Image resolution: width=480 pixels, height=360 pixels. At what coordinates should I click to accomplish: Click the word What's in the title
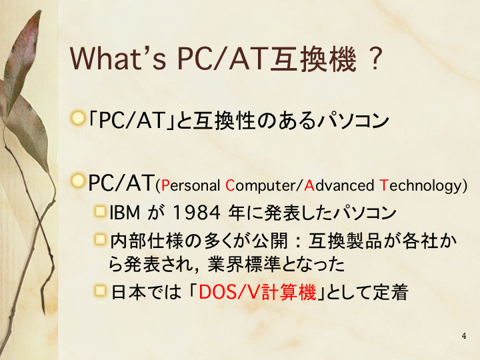tap(118, 59)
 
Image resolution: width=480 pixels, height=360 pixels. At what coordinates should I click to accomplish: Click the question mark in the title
tap(375, 59)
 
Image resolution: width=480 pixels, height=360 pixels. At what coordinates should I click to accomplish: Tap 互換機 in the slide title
tap(315, 59)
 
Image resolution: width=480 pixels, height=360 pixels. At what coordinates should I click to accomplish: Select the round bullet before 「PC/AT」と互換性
tap(78, 118)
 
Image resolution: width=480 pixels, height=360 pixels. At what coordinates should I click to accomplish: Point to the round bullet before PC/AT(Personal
tap(78, 181)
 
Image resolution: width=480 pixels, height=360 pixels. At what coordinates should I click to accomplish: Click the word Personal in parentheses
tap(190, 186)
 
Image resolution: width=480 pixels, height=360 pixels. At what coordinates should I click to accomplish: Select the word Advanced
tap(339, 185)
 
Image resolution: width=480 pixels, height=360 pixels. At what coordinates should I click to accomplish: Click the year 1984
tap(197, 213)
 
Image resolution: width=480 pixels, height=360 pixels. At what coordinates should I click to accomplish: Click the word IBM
tap(125, 213)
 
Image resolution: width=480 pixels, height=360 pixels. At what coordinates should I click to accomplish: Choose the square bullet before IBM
tap(100, 211)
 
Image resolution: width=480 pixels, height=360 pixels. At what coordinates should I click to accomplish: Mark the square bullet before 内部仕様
tap(100, 239)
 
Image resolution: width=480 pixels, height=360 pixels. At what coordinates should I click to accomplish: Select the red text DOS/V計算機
tap(257, 292)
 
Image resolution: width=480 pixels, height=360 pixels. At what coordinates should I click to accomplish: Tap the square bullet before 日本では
tap(100, 291)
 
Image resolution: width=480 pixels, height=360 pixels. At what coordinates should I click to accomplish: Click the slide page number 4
tap(464, 336)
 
